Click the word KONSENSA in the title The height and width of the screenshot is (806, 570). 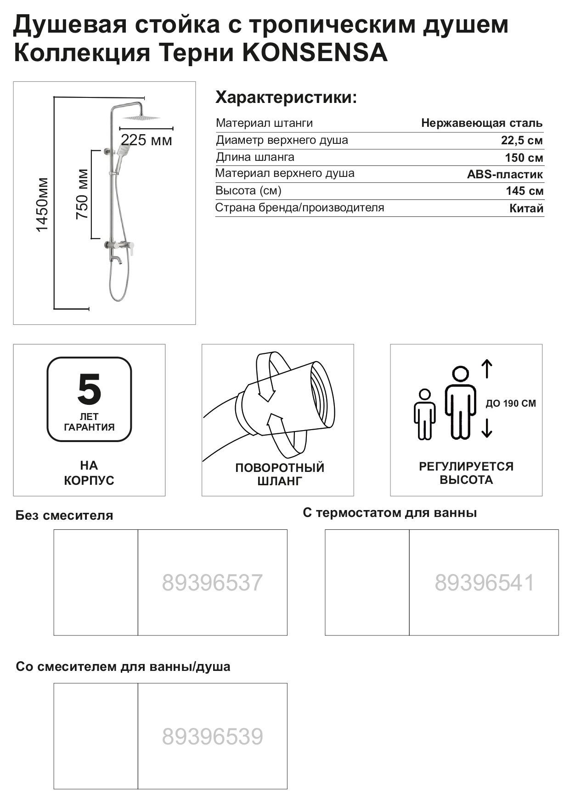click(315, 53)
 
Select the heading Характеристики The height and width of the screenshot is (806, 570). click(286, 98)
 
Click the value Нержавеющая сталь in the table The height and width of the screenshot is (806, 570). click(481, 123)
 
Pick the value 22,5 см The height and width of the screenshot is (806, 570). click(521, 141)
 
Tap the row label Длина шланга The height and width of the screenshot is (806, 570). click(255, 157)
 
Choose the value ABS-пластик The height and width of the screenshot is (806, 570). click(505, 175)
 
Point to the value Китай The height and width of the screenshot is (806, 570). click(526, 209)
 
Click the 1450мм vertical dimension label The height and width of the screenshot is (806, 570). click(43, 204)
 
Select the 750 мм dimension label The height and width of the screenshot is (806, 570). click(83, 194)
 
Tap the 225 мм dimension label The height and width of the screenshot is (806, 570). click(146, 140)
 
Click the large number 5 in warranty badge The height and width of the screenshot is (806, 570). click(89, 389)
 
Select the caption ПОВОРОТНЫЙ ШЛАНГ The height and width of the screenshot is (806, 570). click(279, 474)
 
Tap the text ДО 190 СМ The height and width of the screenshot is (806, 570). click(510, 403)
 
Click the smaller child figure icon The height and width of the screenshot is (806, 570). click(424, 414)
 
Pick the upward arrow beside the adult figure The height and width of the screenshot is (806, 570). click(487, 369)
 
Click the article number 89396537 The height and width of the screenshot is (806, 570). click(212, 583)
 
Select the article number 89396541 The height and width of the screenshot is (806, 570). click(485, 583)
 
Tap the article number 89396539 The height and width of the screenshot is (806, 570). click(212, 737)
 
